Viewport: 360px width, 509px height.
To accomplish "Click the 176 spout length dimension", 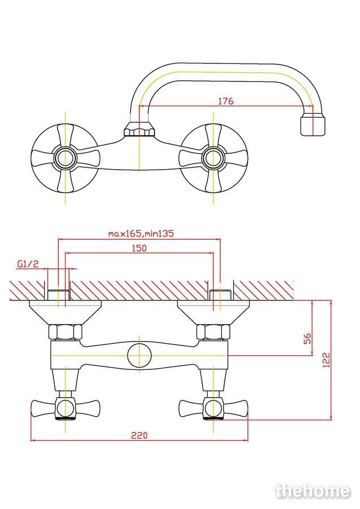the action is click(x=225, y=101).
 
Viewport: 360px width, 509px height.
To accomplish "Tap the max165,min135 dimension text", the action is click(x=141, y=233).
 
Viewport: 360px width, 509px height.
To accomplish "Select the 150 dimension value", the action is click(x=139, y=248).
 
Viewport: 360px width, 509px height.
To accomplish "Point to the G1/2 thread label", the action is click(x=28, y=264).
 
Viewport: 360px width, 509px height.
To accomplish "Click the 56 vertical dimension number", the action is click(x=307, y=338).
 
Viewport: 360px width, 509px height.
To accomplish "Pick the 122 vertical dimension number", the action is click(x=327, y=360).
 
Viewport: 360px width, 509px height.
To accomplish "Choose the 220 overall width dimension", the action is click(x=139, y=435).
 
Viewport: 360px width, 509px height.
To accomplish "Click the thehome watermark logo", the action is click(x=312, y=491).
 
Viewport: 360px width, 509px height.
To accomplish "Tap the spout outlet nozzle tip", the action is click(x=312, y=124).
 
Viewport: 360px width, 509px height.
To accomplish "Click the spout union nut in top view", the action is click(x=139, y=128).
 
